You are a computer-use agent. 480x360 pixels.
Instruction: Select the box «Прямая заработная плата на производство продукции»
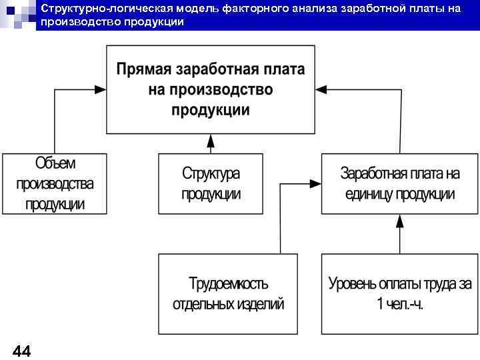[211, 89]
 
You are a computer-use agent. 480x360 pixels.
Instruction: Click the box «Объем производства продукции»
[55, 183]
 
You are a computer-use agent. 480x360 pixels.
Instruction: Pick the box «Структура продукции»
[211, 183]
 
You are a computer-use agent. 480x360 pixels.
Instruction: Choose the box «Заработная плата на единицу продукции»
[399, 183]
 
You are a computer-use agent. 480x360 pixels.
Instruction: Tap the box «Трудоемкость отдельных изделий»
[228, 293]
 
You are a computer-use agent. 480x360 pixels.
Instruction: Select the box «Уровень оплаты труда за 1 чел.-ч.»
[399, 293]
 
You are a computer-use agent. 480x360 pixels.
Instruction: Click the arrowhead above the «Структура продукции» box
[211, 139]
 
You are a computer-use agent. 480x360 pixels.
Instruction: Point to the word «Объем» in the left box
[55, 163]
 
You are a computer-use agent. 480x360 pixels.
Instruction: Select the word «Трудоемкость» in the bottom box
[228, 284]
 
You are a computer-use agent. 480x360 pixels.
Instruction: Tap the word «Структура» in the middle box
[211, 174]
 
